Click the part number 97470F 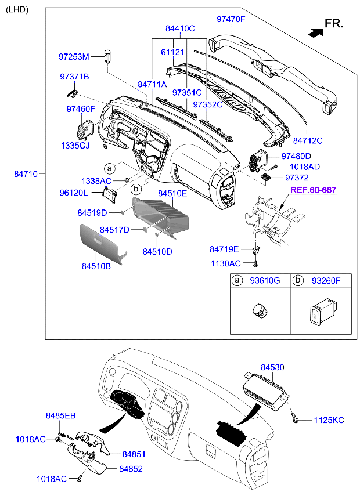click(x=231, y=19)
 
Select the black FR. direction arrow click(x=315, y=32)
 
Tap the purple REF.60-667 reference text click(x=313, y=190)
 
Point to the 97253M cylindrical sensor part click(x=108, y=56)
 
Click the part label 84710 click(x=26, y=174)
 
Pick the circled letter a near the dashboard click(x=110, y=168)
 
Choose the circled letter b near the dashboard click(x=136, y=189)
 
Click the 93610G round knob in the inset click(x=260, y=310)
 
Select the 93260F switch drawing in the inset click(x=323, y=311)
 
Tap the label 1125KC click(x=329, y=420)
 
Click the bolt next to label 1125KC click(x=296, y=418)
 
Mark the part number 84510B click(x=96, y=266)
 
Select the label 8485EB click(x=60, y=415)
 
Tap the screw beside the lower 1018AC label click(x=80, y=479)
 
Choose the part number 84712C click(x=308, y=140)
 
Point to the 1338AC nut click(x=126, y=180)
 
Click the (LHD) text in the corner click(x=17, y=10)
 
